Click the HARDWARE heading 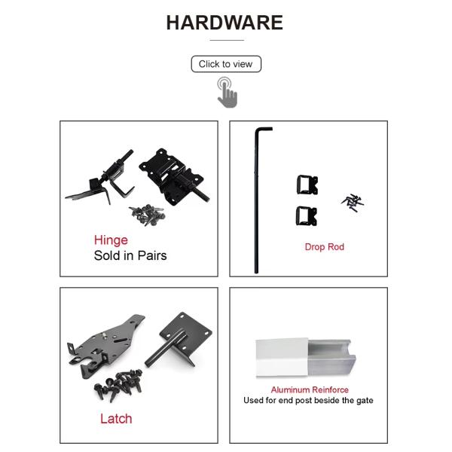click(x=224, y=23)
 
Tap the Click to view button click(x=226, y=64)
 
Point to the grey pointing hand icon click(x=228, y=93)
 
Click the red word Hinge click(x=111, y=240)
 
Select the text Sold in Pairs click(x=130, y=255)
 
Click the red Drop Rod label click(x=324, y=247)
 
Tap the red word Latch click(x=116, y=419)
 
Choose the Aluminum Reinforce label click(x=310, y=389)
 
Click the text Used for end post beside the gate click(x=308, y=401)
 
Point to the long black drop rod click(x=256, y=202)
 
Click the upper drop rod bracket click(x=307, y=185)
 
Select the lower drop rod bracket click(x=307, y=216)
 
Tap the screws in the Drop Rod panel click(x=353, y=203)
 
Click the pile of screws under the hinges click(x=148, y=215)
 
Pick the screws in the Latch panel click(x=118, y=385)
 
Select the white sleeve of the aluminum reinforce click(x=282, y=357)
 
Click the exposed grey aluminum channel click(x=331, y=357)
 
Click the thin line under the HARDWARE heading click(x=227, y=41)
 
